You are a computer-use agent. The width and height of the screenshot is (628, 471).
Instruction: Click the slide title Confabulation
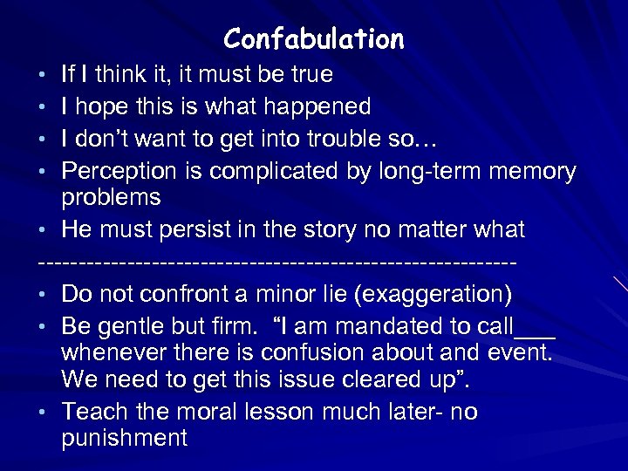[x=314, y=38]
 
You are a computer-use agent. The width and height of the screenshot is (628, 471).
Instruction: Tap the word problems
[x=111, y=198]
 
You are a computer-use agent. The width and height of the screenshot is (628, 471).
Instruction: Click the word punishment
[x=125, y=438]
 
